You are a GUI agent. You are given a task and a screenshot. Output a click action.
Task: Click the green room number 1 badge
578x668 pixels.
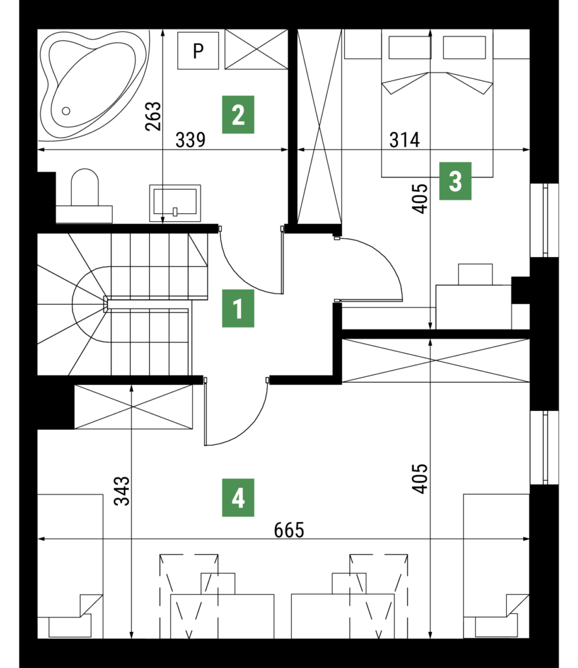pyautogui.click(x=238, y=309)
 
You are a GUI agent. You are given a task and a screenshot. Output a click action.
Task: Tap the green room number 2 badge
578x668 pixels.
pyautogui.click(x=238, y=115)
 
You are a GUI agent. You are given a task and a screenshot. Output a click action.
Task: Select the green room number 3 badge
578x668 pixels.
pyautogui.click(x=455, y=181)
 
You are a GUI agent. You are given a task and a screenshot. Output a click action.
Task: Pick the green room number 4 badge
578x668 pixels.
pyautogui.click(x=238, y=498)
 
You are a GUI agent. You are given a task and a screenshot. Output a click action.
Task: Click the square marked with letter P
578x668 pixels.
pyautogui.click(x=197, y=50)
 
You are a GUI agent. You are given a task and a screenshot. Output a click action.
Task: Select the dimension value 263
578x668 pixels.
pyautogui.click(x=152, y=116)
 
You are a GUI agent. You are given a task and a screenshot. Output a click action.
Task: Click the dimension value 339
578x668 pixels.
pyautogui.click(x=191, y=140)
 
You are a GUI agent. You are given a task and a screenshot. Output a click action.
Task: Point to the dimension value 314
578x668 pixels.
pyautogui.click(x=404, y=140)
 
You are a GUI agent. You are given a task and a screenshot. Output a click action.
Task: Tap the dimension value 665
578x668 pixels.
pyautogui.click(x=289, y=530)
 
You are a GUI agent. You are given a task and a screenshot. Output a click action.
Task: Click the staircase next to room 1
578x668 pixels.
pyautogui.click(x=130, y=303)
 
